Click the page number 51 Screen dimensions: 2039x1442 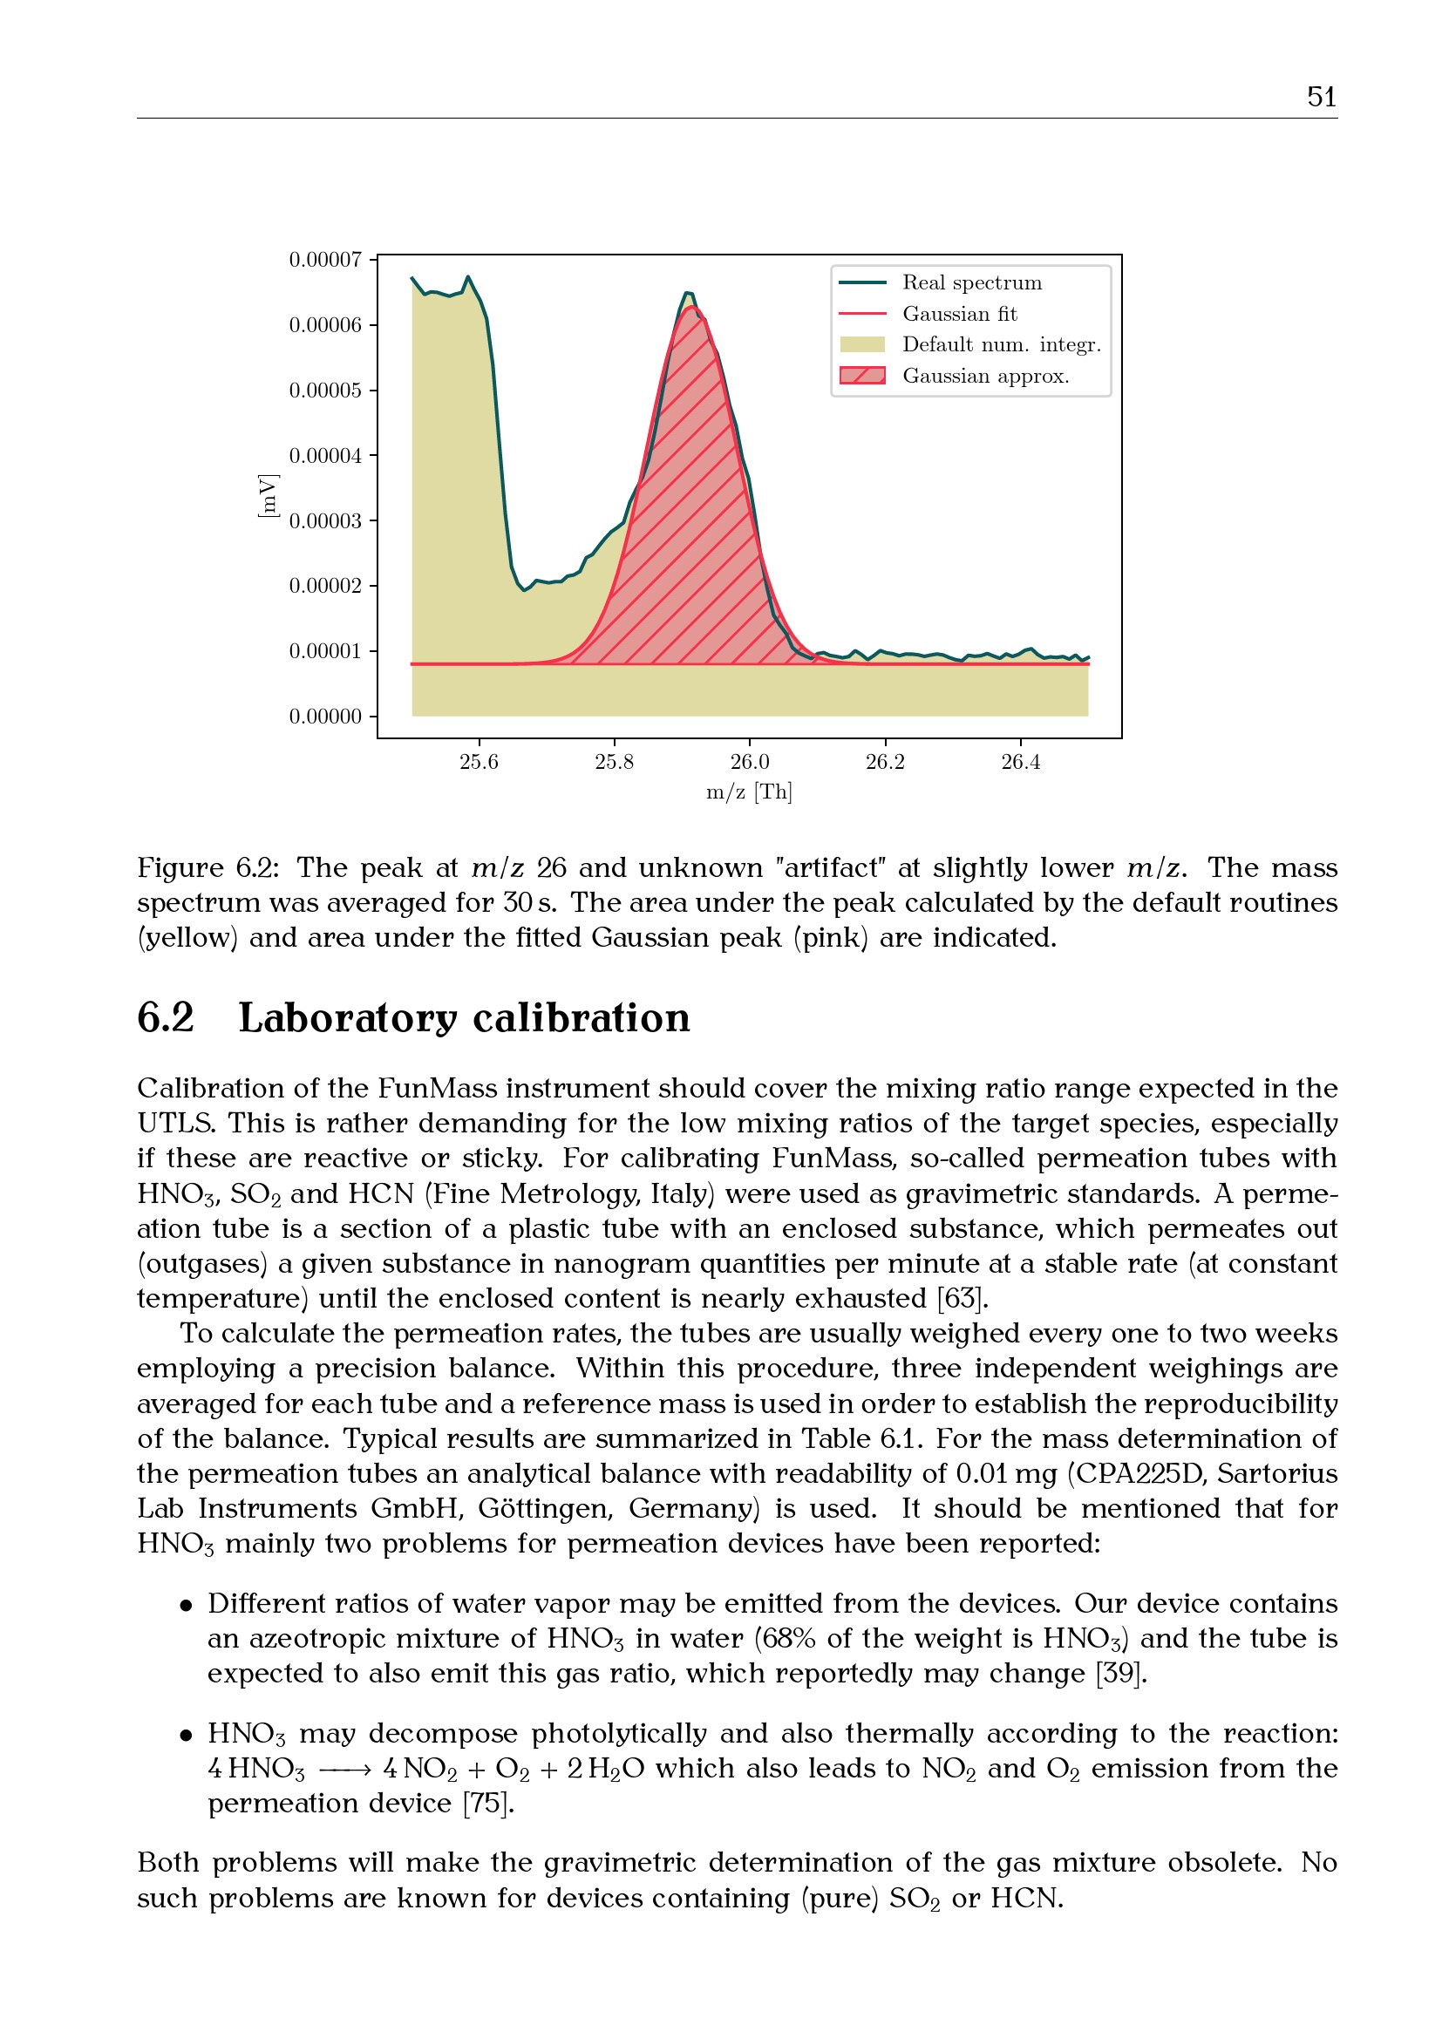click(1321, 96)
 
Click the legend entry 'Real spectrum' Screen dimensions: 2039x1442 click(971, 282)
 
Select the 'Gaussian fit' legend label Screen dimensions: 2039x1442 click(959, 314)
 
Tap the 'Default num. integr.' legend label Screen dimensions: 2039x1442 click(1001, 344)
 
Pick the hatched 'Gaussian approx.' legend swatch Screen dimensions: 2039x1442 click(861, 376)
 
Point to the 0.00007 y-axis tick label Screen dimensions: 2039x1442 click(325, 259)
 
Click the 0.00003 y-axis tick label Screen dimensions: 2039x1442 click(325, 520)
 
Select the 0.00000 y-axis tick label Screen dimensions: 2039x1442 click(325, 716)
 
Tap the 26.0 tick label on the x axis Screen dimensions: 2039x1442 click(750, 762)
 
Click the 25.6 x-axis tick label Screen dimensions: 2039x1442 click(479, 762)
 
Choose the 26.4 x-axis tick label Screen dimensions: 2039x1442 click(1020, 762)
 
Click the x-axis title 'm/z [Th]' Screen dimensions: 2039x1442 click(749, 792)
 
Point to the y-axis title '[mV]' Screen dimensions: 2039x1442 click(267, 496)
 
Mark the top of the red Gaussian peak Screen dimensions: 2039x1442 click(691, 307)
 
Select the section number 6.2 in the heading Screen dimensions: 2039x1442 click(165, 1017)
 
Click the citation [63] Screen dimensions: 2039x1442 click(962, 1298)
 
